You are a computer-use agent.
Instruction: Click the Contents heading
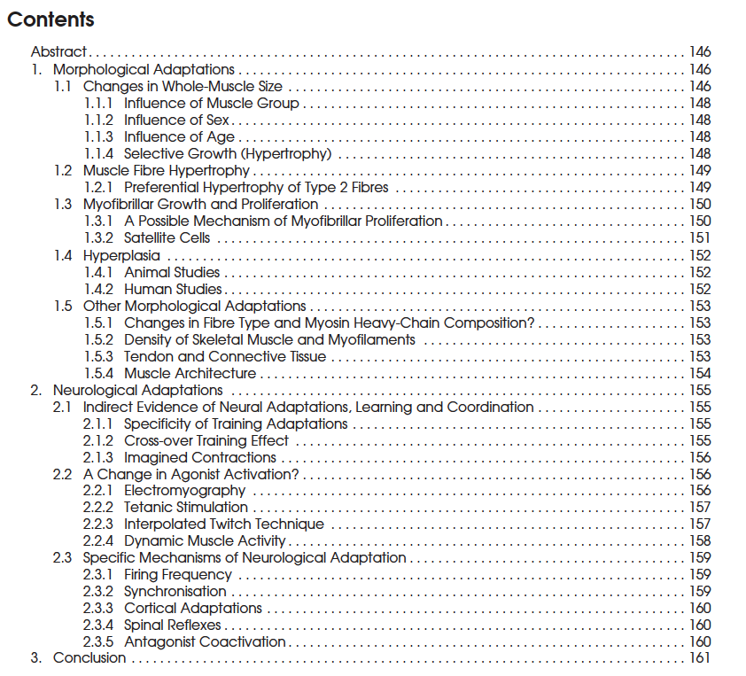(51, 19)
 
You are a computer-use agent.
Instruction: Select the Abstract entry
(58, 52)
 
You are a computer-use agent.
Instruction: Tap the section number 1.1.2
(98, 120)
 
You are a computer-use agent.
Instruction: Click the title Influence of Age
(179, 136)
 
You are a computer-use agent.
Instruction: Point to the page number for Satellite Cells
(700, 237)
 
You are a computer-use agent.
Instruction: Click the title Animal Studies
(172, 272)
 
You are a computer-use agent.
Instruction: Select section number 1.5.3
(98, 356)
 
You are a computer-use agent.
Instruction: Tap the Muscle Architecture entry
(190, 373)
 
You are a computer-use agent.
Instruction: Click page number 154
(700, 373)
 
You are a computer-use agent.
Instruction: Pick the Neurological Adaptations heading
(137, 390)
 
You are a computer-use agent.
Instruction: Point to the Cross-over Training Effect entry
(206, 440)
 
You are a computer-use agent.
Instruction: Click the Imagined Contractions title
(200, 457)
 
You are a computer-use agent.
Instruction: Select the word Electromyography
(185, 490)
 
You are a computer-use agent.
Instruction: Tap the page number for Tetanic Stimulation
(700, 507)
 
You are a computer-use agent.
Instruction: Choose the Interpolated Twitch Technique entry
(223, 524)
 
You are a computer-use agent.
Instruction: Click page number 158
(700, 540)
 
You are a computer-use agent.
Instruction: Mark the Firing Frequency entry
(177, 574)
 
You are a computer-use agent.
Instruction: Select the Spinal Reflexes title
(173, 625)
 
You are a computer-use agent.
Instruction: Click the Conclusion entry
(89, 658)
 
